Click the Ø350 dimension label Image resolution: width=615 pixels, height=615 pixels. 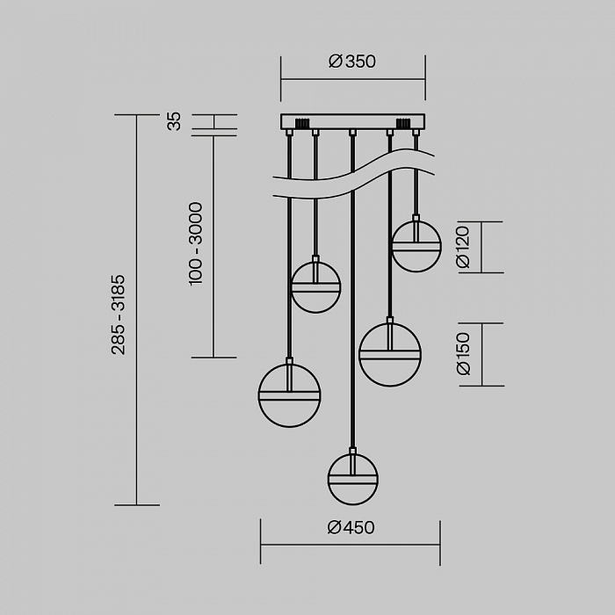351,61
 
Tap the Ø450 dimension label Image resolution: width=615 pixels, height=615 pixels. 351,527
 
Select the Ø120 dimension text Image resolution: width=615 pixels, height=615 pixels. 463,247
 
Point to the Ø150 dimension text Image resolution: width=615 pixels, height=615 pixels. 463,354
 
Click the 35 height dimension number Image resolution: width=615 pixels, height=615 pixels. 174,121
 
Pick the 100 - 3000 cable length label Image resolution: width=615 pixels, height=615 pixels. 196,243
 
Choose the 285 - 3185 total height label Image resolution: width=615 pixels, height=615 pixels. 118,315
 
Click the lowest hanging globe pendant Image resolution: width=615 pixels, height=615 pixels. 352,480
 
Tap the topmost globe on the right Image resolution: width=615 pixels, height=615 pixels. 416,246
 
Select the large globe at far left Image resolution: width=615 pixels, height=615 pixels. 289,395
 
